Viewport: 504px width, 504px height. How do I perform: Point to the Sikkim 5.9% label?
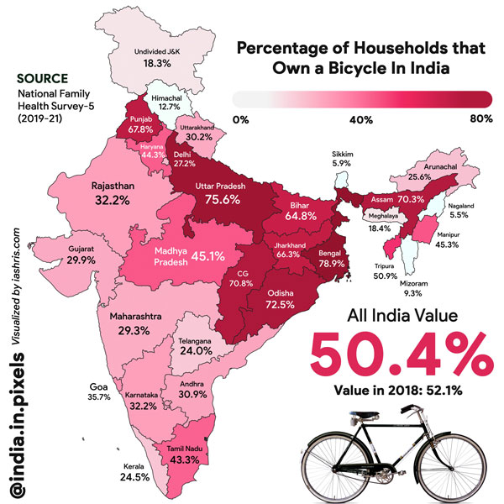(341, 159)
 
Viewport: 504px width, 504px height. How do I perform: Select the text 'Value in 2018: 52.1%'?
(400, 392)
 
